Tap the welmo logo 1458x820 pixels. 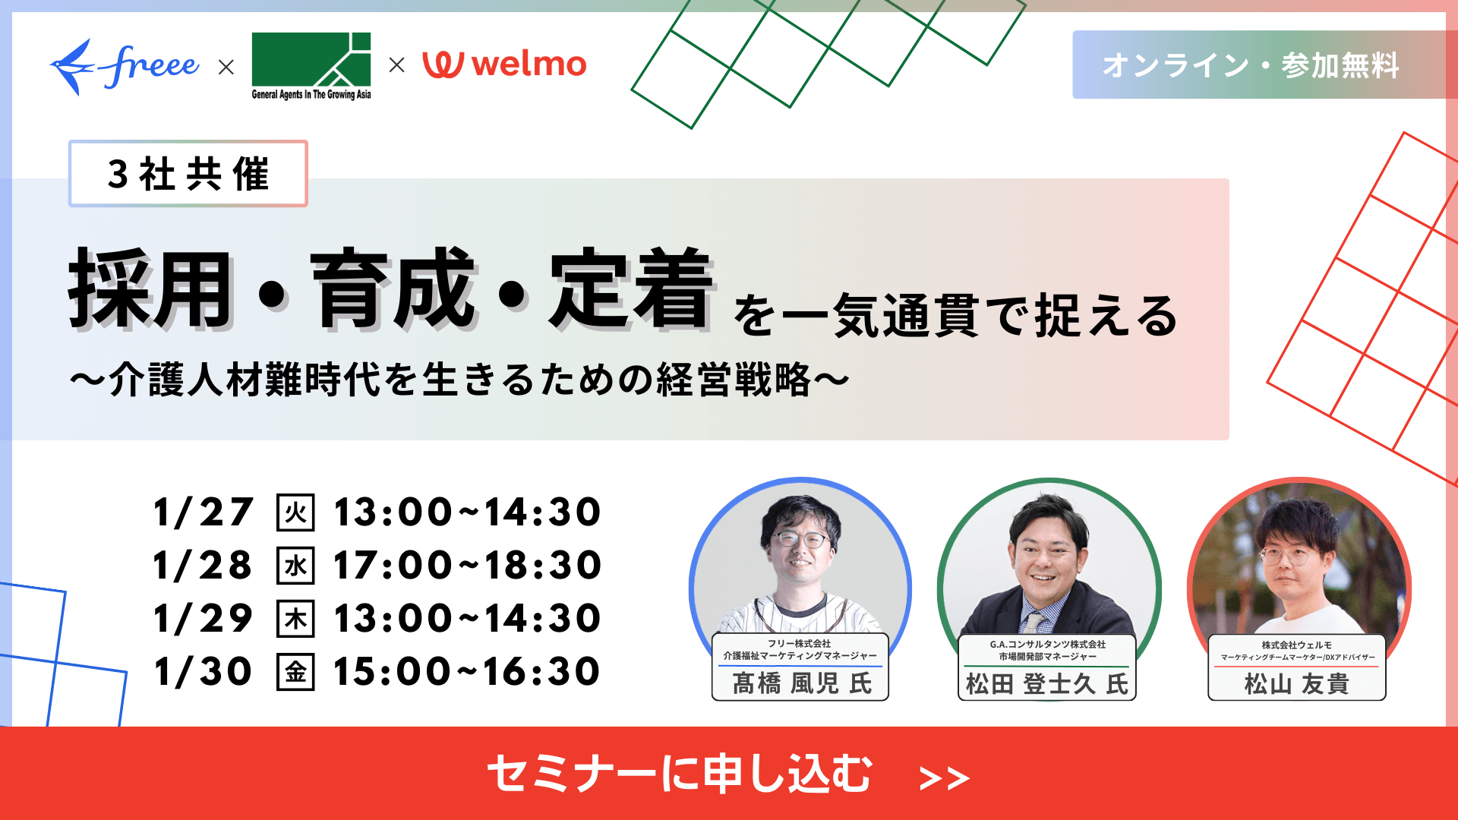click(505, 65)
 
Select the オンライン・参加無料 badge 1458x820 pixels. click(1251, 65)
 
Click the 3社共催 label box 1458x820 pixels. click(188, 174)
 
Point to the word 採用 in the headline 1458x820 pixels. click(150, 290)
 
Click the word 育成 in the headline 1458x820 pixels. click(393, 290)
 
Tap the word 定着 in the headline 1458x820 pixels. click(632, 290)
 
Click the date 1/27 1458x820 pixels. click(203, 512)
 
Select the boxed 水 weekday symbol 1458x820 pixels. click(295, 566)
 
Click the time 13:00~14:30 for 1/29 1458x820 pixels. click(467, 619)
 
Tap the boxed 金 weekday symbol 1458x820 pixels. click(295, 672)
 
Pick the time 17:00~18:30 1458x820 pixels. click(467, 566)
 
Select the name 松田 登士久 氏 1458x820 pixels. click(1046, 684)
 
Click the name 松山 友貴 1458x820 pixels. click(1296, 684)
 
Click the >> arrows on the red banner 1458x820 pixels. click(944, 778)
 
